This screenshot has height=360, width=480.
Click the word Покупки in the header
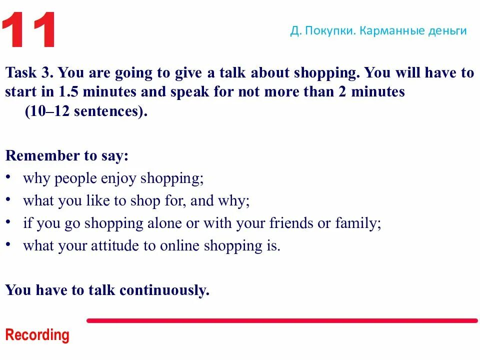pos(330,31)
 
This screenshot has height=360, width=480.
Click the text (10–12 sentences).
pos(86,111)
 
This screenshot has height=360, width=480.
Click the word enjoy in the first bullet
pos(119,178)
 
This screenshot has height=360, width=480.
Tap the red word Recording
pos(37,335)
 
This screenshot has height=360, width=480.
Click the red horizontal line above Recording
pos(282,320)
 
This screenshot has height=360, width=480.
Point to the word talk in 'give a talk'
pos(232,73)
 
